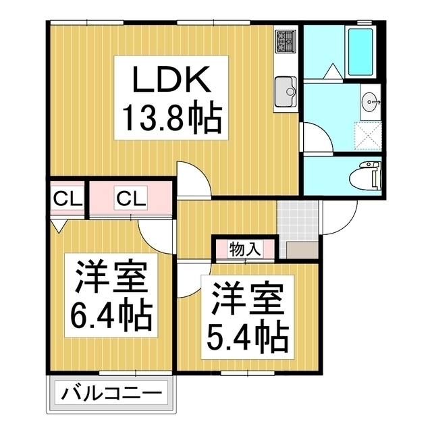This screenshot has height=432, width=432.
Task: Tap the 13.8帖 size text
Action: [171, 119]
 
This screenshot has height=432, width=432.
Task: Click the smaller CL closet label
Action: [67, 199]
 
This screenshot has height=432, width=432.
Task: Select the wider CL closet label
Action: [130, 199]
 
